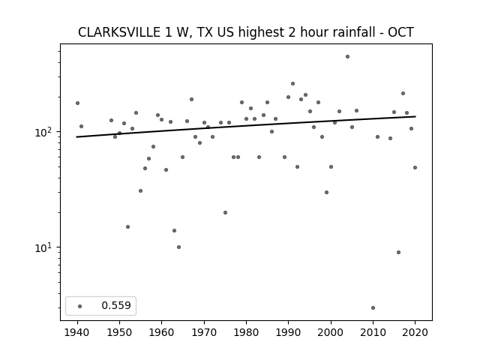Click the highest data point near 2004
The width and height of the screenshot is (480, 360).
tap(347, 57)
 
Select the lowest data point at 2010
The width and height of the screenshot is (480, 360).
tap(373, 308)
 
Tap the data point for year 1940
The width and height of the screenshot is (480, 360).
tap(77, 103)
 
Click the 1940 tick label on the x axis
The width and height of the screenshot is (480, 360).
tap(76, 332)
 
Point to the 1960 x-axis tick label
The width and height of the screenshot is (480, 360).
tap(161, 332)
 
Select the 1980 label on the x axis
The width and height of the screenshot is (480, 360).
tap(246, 332)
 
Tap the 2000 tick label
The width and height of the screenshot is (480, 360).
tap(331, 332)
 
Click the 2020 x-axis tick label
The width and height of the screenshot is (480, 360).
tap(415, 332)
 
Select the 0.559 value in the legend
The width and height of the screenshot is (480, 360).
tap(116, 305)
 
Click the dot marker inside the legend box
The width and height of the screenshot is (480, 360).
tap(80, 306)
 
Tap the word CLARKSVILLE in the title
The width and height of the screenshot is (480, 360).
tap(119, 32)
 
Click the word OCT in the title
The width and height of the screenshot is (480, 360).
tap(401, 32)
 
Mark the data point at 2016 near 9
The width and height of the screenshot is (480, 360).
tap(398, 252)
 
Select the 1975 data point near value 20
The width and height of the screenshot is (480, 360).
tap(225, 212)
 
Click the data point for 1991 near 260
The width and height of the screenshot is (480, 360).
tap(292, 83)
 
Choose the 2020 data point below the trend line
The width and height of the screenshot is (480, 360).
tap(415, 167)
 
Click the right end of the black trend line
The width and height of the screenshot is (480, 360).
tap(415, 116)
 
